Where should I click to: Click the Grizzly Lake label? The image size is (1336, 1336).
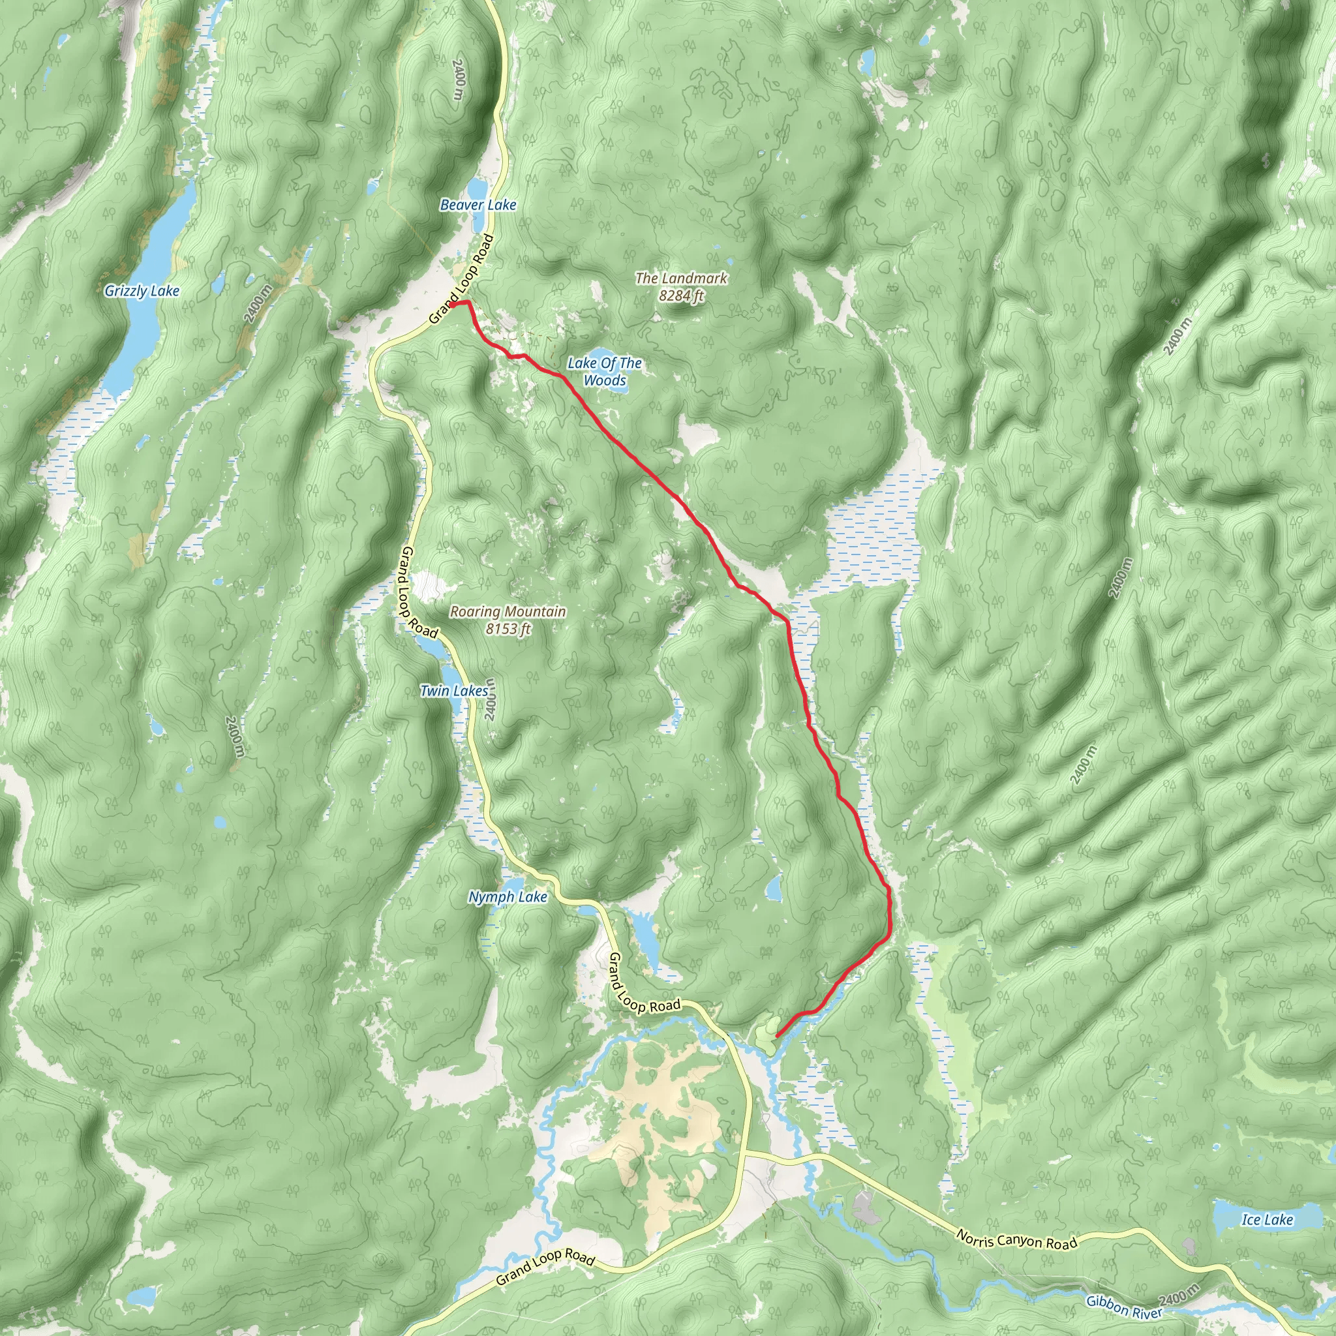142,291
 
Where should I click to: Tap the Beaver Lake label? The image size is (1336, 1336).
478,205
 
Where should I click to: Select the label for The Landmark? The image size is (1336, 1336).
681,278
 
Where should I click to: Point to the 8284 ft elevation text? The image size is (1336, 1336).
681,296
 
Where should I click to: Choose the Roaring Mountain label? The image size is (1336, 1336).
508,611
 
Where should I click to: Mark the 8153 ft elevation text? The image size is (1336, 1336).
508,629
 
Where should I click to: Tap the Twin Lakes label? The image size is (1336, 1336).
454,690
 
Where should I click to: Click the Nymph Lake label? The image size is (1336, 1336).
508,897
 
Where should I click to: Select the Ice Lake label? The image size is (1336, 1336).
1267,1220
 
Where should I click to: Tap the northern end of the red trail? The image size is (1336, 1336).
452,303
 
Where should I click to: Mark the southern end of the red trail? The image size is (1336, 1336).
777,1036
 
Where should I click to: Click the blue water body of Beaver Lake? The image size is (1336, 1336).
477,187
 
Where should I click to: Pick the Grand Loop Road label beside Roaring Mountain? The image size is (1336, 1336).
417,592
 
